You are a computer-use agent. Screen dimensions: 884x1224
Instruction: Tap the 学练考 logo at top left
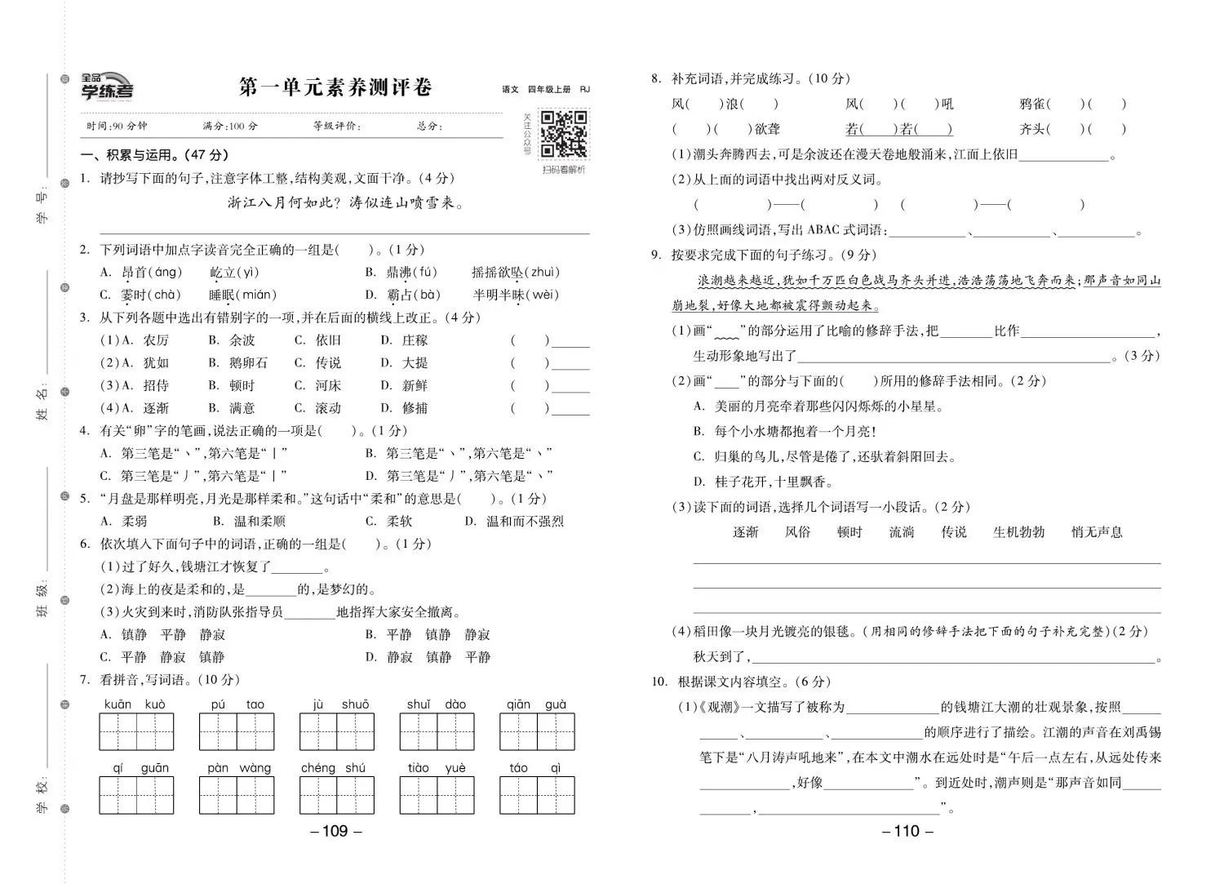[x=107, y=86]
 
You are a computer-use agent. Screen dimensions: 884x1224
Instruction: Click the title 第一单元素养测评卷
[x=335, y=87]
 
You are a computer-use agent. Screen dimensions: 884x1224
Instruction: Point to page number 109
[x=335, y=831]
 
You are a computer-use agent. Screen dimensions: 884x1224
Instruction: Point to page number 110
[x=907, y=831]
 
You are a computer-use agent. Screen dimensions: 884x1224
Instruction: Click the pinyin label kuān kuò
[x=135, y=704]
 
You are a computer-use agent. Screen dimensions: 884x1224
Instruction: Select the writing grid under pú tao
[x=237, y=731]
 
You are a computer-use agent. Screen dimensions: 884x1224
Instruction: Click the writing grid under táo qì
[x=537, y=795]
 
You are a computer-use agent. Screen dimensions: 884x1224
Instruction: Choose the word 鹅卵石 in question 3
[x=248, y=362]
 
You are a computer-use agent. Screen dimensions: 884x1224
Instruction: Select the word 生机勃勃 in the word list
[x=1018, y=532]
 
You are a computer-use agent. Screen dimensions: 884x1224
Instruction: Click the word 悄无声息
[x=1097, y=532]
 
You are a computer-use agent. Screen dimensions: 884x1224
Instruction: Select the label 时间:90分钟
[x=117, y=126]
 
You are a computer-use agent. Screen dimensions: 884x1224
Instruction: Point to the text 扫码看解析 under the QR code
[x=563, y=170]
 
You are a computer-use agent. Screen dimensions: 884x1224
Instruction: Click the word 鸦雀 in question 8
[x=1032, y=104]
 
